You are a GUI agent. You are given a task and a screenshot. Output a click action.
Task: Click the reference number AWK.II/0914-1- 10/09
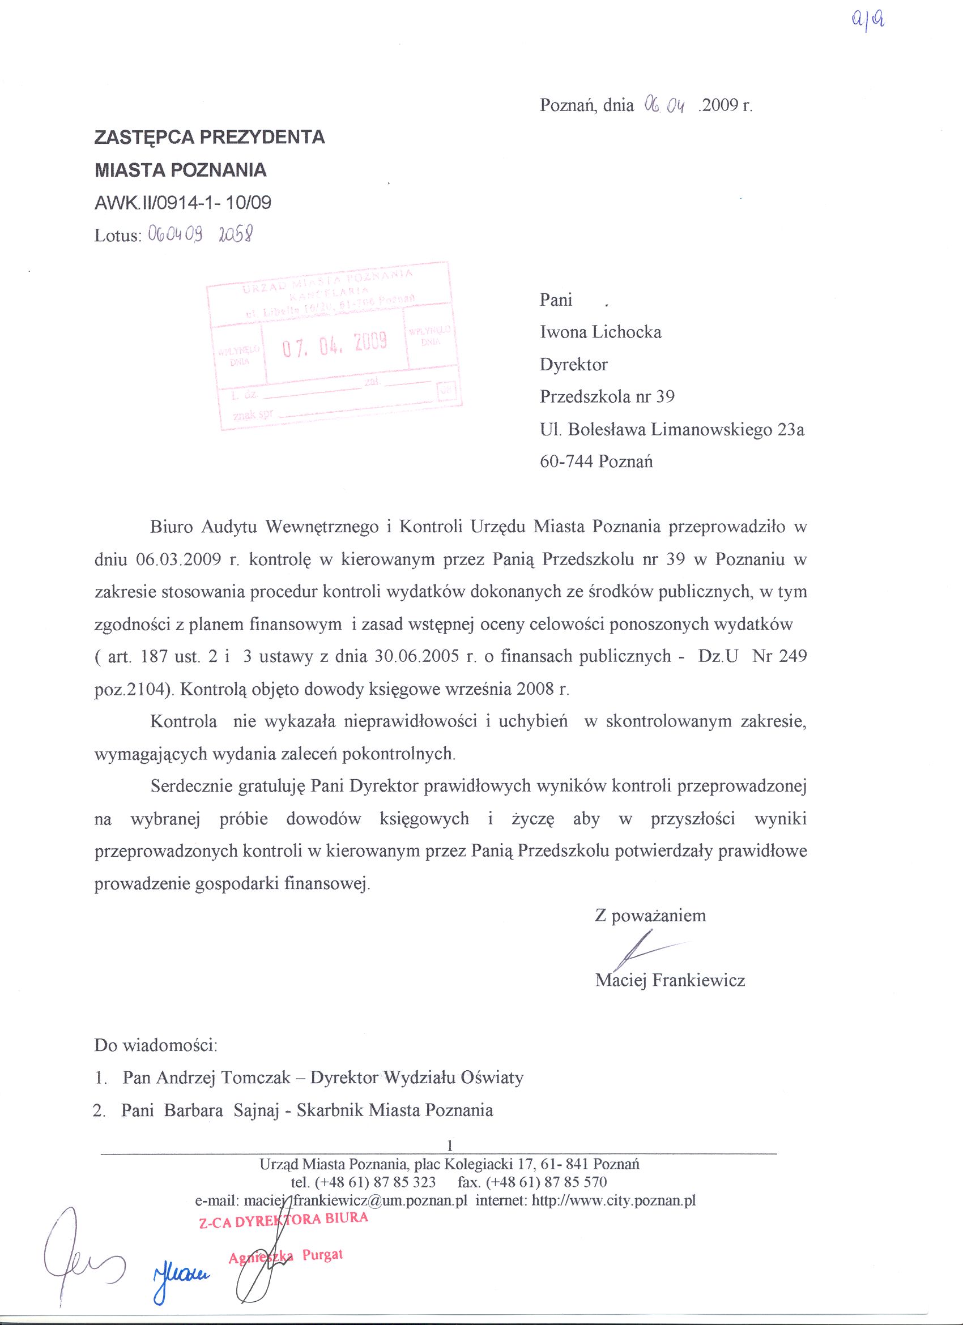pos(183,203)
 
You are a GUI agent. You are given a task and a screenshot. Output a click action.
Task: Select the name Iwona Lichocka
pos(600,332)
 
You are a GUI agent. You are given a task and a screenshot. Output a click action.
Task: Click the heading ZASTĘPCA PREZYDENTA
pos(210,137)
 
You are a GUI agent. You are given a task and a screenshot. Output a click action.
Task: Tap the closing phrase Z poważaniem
pos(650,916)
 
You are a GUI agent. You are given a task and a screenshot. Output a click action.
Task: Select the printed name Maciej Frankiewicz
pos(670,980)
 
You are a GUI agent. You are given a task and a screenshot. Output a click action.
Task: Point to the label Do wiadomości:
pos(156,1045)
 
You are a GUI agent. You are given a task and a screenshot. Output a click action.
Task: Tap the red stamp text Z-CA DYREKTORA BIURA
pos(283,1219)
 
